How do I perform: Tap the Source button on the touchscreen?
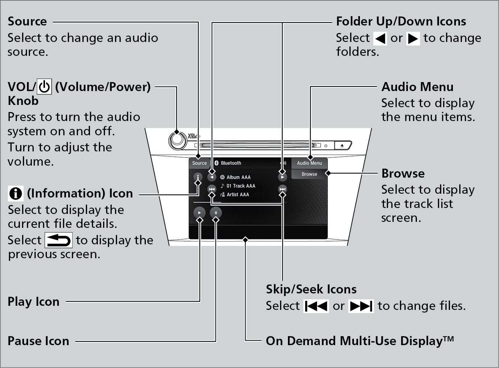point(199,163)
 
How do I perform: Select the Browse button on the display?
point(309,174)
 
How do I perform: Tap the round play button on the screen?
point(199,213)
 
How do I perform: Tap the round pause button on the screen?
point(216,213)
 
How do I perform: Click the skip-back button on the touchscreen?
point(212,189)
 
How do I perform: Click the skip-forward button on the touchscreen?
point(282,189)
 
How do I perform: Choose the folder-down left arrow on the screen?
point(212,177)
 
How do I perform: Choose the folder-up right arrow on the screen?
point(282,177)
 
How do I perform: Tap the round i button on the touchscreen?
point(198,177)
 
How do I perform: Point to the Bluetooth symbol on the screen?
point(216,163)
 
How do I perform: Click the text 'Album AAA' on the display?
point(238,177)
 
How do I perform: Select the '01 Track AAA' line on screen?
point(241,186)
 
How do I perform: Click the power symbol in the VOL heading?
point(44,87)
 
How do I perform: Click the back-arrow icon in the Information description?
point(58,240)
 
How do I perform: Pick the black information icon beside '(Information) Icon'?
point(15,193)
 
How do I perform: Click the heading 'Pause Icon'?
point(38,341)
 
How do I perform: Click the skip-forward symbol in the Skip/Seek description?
point(361,306)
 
